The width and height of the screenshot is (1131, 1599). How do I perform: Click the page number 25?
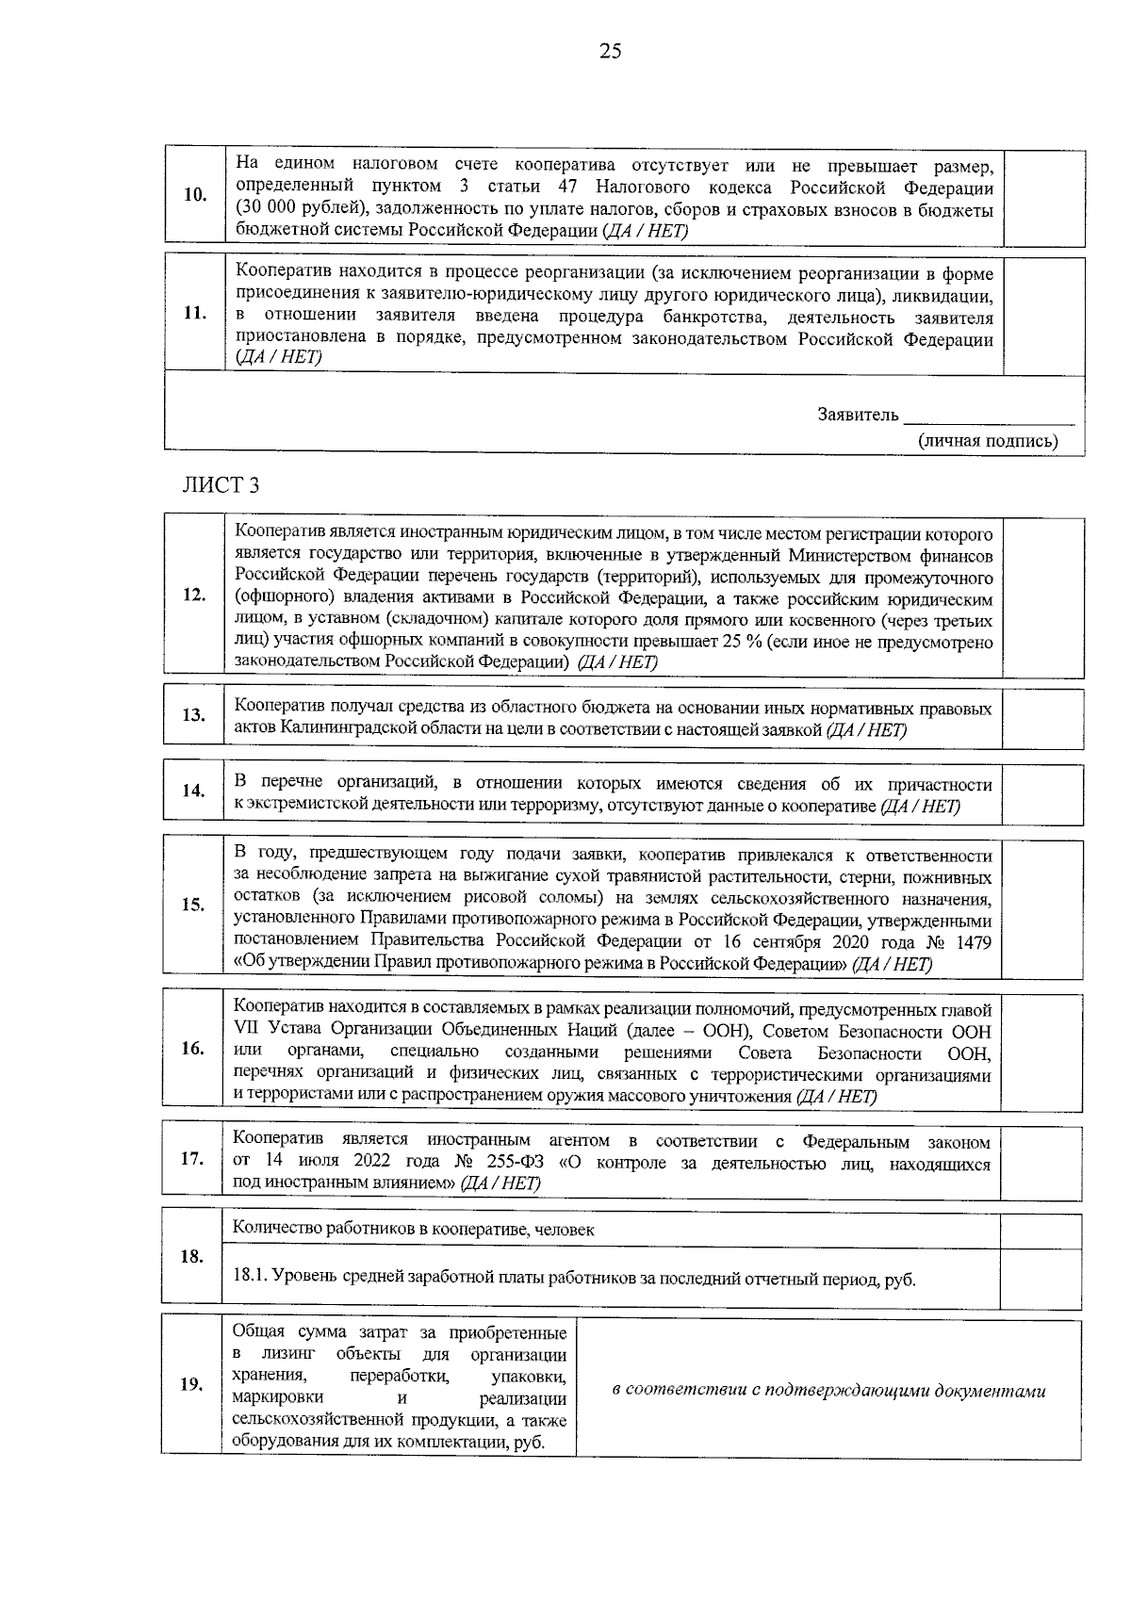(x=610, y=51)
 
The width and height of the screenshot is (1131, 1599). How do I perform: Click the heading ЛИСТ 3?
(x=220, y=485)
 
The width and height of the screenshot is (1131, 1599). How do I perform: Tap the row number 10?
(x=195, y=195)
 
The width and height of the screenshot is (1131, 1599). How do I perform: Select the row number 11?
(x=194, y=314)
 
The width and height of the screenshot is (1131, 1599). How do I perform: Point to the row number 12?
(x=194, y=596)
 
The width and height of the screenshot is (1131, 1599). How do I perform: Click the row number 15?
(x=193, y=905)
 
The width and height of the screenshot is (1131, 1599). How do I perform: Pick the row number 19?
(x=191, y=1384)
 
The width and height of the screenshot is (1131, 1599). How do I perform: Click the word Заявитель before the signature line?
(x=858, y=415)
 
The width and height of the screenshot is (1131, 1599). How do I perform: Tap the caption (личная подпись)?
(x=988, y=440)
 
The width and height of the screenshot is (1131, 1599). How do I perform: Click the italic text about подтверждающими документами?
(x=828, y=1391)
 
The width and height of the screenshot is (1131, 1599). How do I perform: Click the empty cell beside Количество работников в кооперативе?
(x=1041, y=1230)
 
